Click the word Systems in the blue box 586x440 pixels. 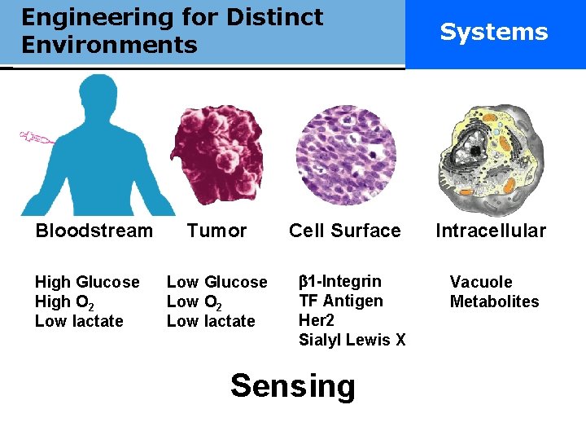[494, 32]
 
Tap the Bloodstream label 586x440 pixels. [94, 231]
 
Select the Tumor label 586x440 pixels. [216, 231]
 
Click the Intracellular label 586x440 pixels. [491, 231]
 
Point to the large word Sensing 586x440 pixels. [293, 385]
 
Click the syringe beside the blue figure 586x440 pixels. [36, 139]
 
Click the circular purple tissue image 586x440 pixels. [345, 155]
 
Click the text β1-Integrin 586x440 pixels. [340, 282]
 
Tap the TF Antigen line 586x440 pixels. [341, 301]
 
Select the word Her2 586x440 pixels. [317, 321]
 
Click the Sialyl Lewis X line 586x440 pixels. [352, 341]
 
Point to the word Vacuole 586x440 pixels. [481, 282]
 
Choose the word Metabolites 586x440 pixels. [495, 301]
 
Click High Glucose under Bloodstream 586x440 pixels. [87, 282]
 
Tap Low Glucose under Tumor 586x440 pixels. [216, 282]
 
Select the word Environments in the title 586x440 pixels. [109, 45]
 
